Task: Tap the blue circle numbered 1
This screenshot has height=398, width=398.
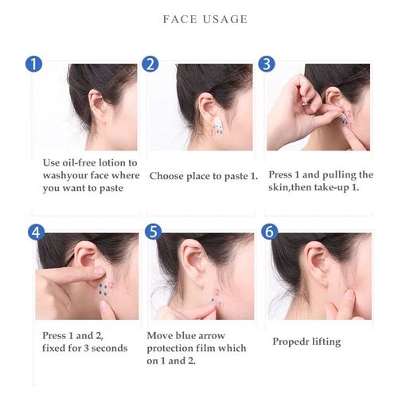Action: click(x=34, y=64)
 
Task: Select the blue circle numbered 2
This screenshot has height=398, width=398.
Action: click(x=150, y=64)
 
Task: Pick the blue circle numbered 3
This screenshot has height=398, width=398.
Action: click(x=267, y=64)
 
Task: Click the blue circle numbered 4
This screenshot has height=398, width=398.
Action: click(x=34, y=233)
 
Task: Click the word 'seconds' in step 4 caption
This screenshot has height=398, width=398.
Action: click(x=111, y=348)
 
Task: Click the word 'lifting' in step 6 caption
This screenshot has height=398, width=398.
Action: click(x=324, y=341)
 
